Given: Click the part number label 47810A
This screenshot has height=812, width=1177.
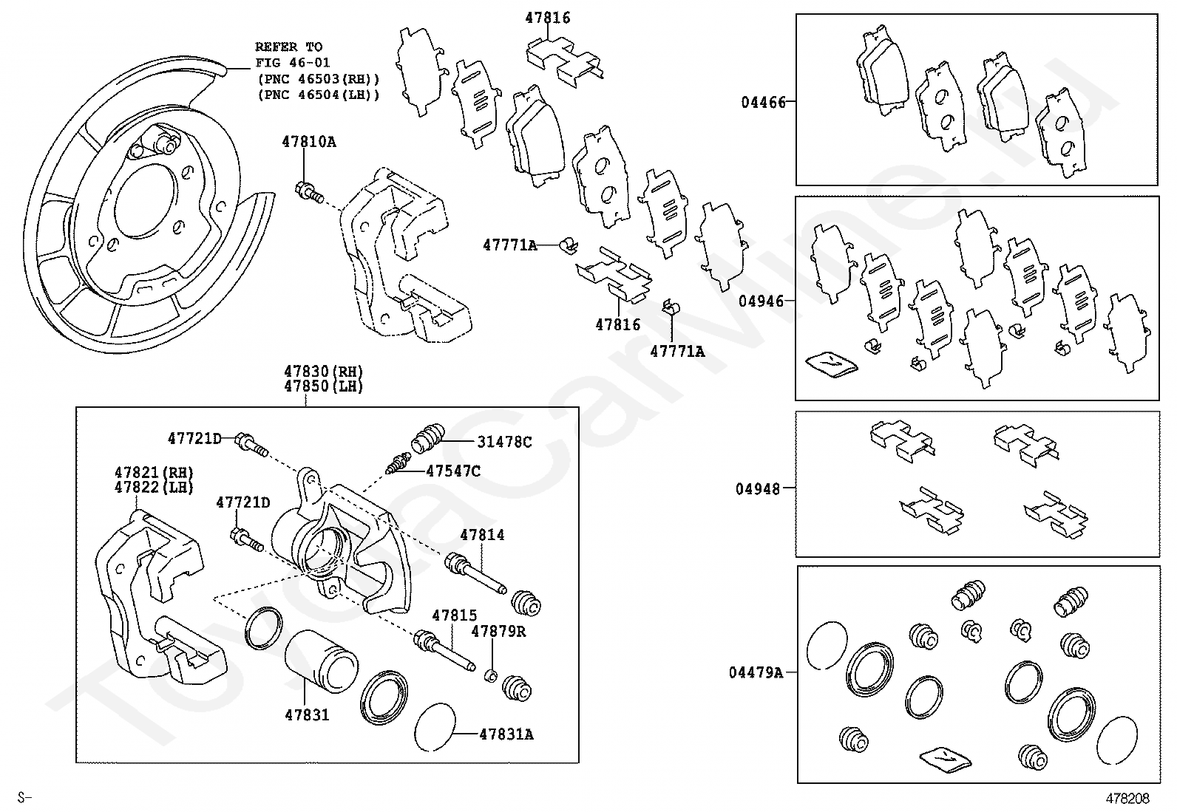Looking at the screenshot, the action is pos(309,142).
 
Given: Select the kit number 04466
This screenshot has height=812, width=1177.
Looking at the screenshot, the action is pos(764,103).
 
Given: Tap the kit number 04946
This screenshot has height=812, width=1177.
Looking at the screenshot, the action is pos(761,301).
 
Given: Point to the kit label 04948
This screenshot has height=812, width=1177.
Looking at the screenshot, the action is pos(758,490).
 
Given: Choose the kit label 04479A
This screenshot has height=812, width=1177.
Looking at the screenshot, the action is pos(756,673).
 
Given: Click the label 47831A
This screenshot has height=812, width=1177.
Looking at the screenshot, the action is pos(506,734).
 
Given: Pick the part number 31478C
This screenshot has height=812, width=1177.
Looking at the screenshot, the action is pos(504,443).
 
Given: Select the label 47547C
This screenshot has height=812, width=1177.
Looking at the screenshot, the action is pos(453,471).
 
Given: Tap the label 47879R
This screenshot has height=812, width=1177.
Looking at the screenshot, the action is pos(498,631).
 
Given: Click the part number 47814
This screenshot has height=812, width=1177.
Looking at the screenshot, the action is pos(482,535).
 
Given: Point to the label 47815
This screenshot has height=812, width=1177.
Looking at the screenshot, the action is pos(455,615).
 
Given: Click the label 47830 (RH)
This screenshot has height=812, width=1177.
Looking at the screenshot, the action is pos(324,372).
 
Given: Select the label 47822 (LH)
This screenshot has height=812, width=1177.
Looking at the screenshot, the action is pos(154,488).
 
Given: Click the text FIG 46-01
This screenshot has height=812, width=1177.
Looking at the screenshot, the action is pos(294,63).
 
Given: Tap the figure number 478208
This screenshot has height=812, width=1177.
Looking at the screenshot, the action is pos(1127,799).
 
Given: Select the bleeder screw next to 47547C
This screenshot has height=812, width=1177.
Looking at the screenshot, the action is pos(398,463).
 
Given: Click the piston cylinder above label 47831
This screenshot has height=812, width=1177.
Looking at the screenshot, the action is pos(322,661).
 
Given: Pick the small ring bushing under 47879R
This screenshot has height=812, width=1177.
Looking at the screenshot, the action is pos(491,675).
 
